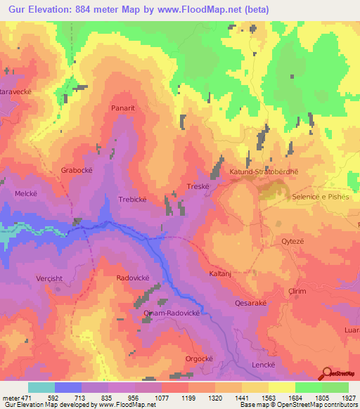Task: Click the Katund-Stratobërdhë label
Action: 259,171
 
